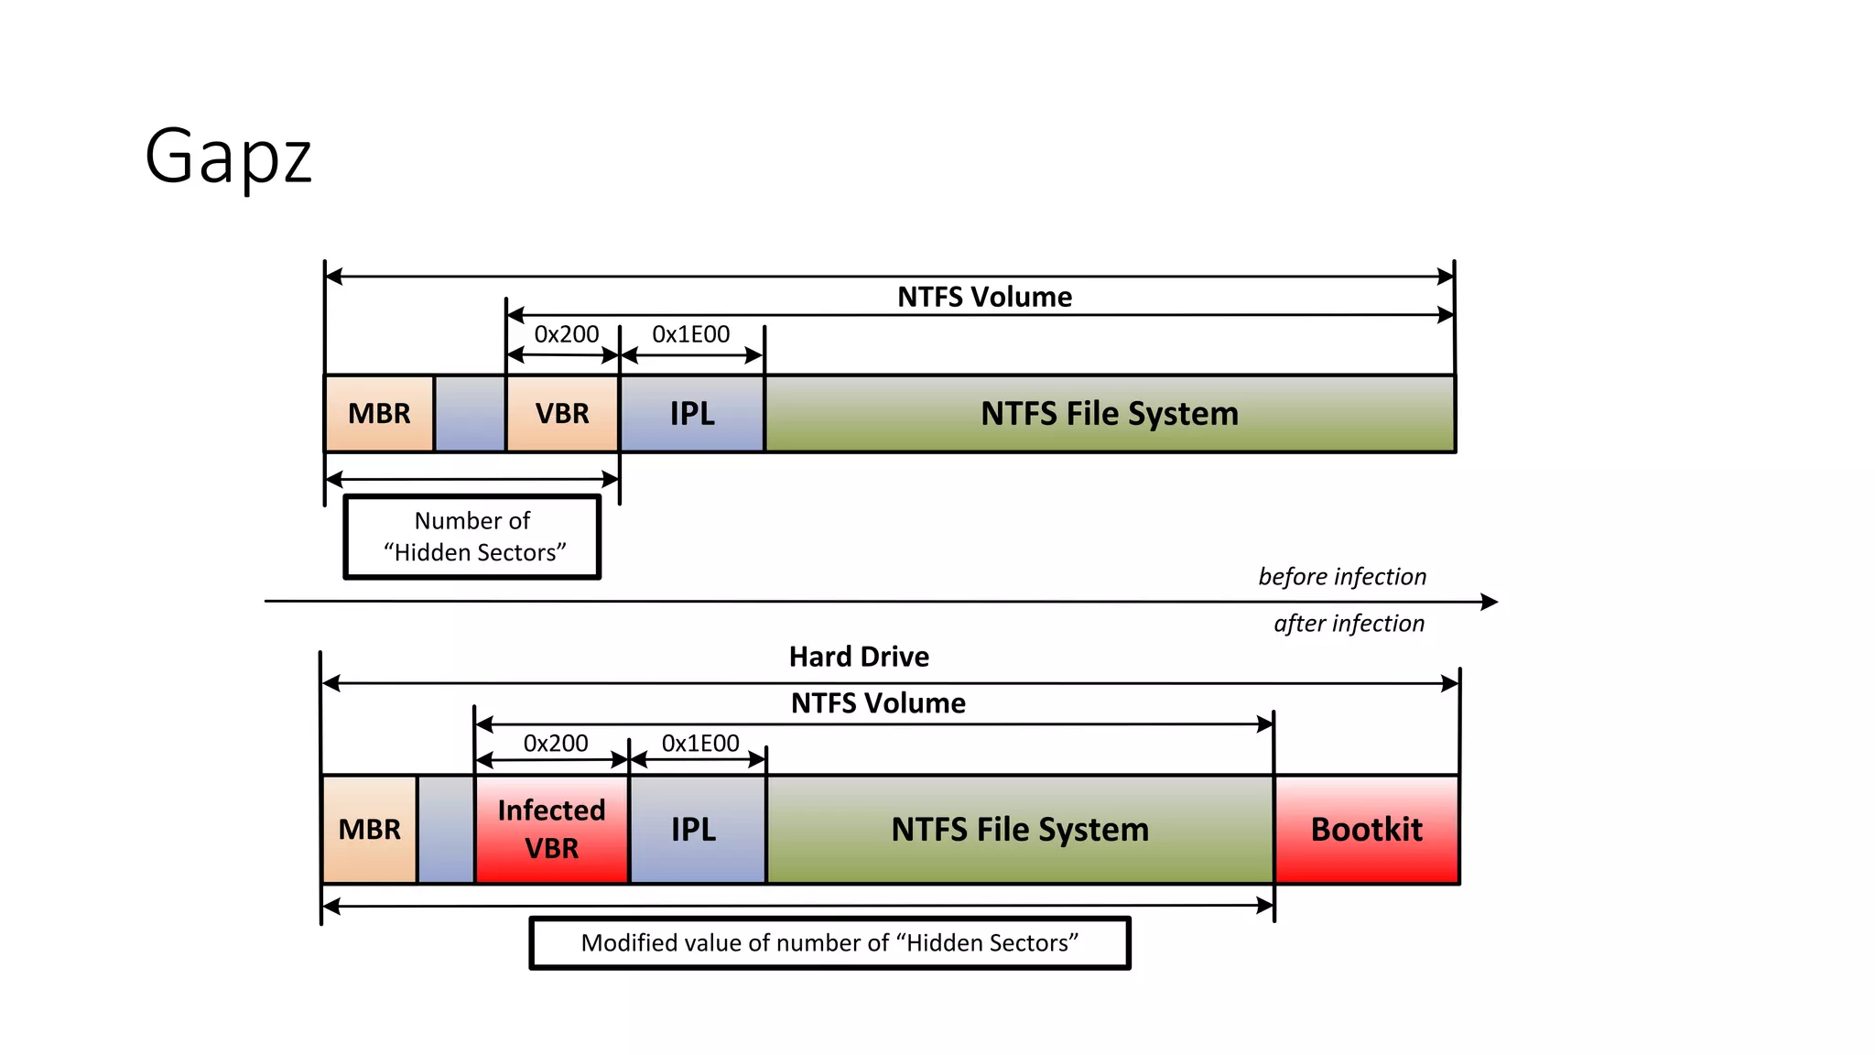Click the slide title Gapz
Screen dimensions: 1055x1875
coord(229,157)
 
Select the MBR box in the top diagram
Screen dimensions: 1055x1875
coord(379,413)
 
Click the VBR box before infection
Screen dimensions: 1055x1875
coord(562,413)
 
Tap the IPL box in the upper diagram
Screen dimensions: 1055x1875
coord(692,413)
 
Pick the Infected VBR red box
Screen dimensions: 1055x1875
coord(551,829)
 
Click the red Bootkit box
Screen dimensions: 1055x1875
coord(1366,829)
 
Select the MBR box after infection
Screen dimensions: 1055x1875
coord(369,829)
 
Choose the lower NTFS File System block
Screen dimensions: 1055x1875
coord(1020,829)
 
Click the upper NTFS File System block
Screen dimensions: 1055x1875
coord(1109,413)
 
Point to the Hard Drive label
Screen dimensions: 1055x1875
coord(859,657)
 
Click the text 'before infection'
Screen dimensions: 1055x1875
coord(1342,576)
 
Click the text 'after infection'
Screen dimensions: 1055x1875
coord(1349,624)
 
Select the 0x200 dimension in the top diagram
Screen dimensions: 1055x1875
coord(567,334)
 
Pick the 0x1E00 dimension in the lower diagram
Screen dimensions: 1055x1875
coord(700,743)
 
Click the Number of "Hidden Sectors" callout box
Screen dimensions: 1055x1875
coord(472,537)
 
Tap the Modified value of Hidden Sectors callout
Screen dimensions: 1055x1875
coord(829,942)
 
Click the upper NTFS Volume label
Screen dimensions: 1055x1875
coord(984,297)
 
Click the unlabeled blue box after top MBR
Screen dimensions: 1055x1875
coord(470,413)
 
